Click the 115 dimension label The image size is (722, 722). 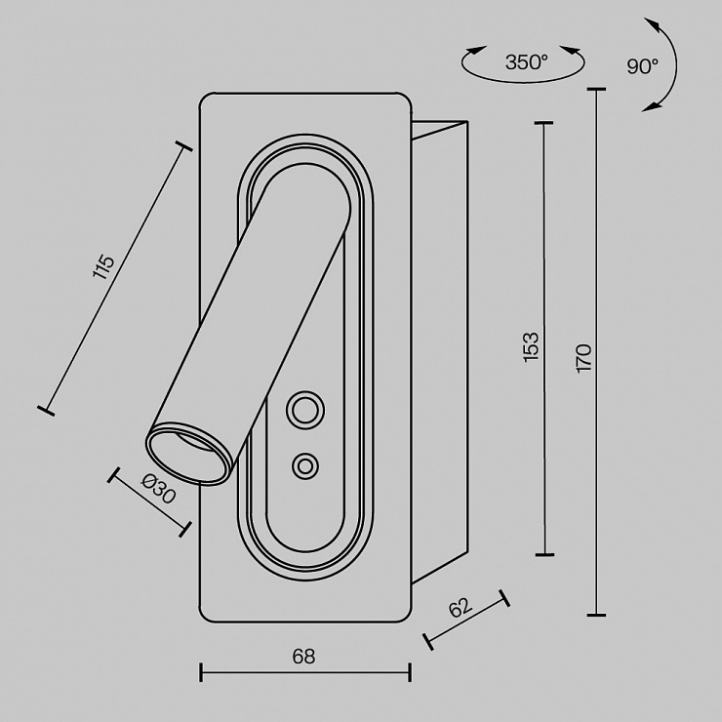pos(103,266)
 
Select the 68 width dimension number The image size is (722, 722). pos(303,657)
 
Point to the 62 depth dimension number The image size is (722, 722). pos(461,607)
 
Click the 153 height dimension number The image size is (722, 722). pos(531,346)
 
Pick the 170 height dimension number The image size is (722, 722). pos(583,358)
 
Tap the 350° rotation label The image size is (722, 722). pos(527,62)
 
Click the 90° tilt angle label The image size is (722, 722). pos(642,66)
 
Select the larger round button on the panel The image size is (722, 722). pos(304,410)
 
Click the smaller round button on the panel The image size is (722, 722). pos(304,466)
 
